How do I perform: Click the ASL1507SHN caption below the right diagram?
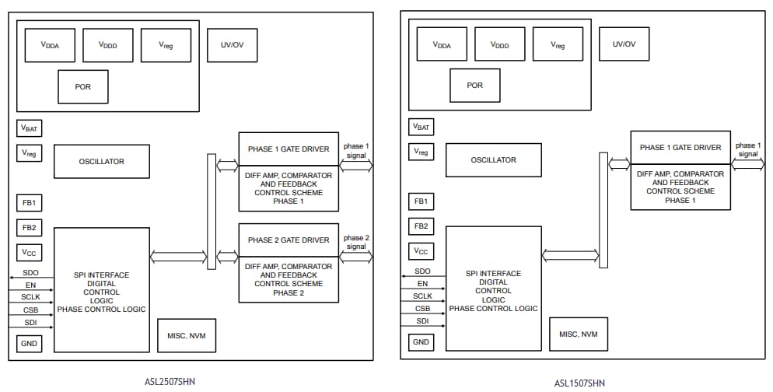[x=579, y=382]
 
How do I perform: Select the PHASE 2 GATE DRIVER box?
[x=289, y=240]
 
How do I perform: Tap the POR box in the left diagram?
[x=82, y=86]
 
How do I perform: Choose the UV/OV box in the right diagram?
[x=624, y=44]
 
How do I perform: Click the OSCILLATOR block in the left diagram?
[x=101, y=162]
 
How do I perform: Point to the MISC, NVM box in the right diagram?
[x=578, y=334]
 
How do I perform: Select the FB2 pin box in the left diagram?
[x=30, y=227]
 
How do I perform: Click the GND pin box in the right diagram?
[x=421, y=342]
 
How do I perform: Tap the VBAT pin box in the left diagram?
[x=30, y=128]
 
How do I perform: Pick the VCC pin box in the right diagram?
[x=421, y=251]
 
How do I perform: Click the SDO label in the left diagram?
[x=30, y=274]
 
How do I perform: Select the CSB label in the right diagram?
[x=422, y=309]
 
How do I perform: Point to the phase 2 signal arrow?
[x=356, y=255]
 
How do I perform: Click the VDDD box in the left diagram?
[x=107, y=45]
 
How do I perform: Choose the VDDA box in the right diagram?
[x=442, y=45]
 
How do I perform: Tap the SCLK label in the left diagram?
[x=30, y=298]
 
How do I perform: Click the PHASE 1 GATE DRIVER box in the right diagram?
[x=680, y=148]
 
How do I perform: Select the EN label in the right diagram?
[x=422, y=284]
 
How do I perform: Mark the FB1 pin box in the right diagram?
[x=421, y=201]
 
